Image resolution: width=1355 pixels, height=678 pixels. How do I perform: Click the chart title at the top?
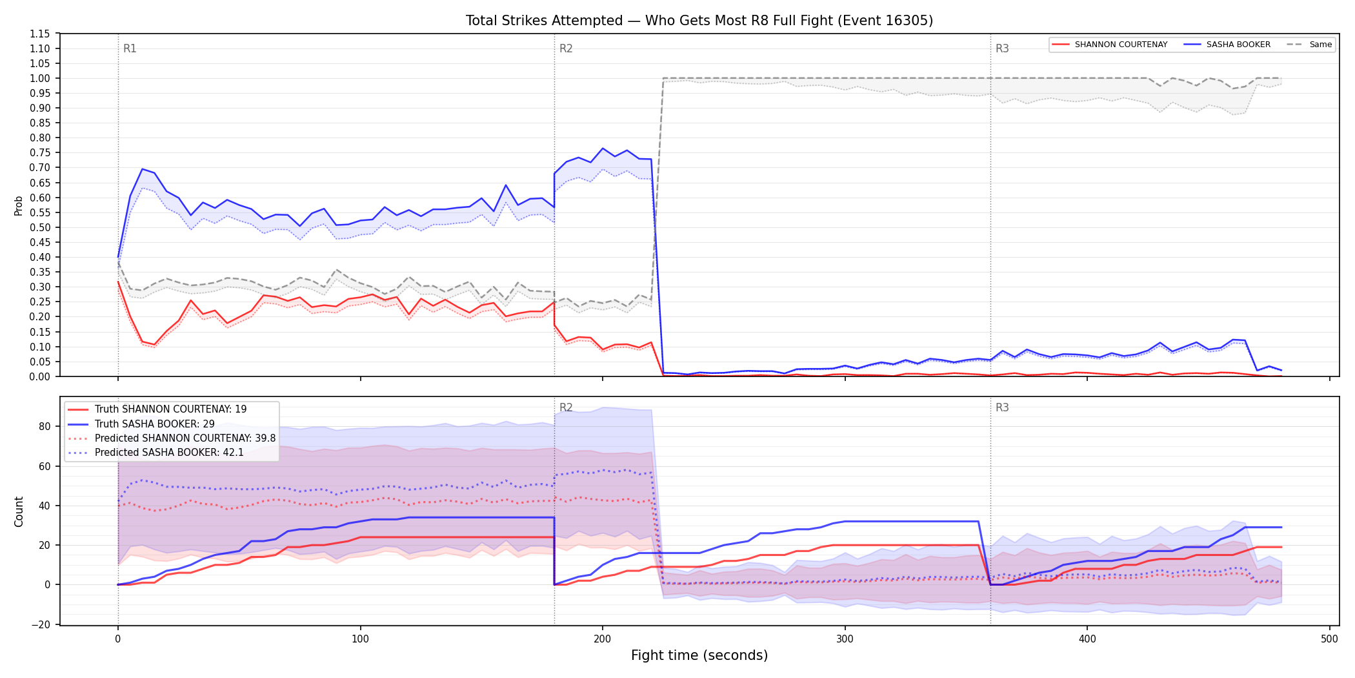699,21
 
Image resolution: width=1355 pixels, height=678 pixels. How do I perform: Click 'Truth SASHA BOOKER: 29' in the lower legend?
154,424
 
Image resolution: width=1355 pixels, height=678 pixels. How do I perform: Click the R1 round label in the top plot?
130,48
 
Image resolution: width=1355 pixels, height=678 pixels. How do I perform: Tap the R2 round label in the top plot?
566,48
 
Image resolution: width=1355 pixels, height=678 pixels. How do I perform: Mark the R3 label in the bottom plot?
1002,407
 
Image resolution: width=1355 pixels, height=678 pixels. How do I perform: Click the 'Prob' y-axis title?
19,205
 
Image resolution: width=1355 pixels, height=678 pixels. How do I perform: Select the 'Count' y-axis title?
19,511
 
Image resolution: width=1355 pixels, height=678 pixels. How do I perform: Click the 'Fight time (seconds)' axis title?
699,655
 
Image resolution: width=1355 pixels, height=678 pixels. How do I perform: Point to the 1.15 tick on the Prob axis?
40,34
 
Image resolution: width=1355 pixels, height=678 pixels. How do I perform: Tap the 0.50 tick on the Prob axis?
40,227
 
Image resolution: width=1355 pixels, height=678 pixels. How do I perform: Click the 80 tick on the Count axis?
45,426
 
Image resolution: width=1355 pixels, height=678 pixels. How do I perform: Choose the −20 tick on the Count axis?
41,624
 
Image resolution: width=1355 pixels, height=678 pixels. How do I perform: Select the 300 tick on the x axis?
845,639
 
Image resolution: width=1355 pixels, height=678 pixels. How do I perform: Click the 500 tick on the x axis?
1330,639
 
